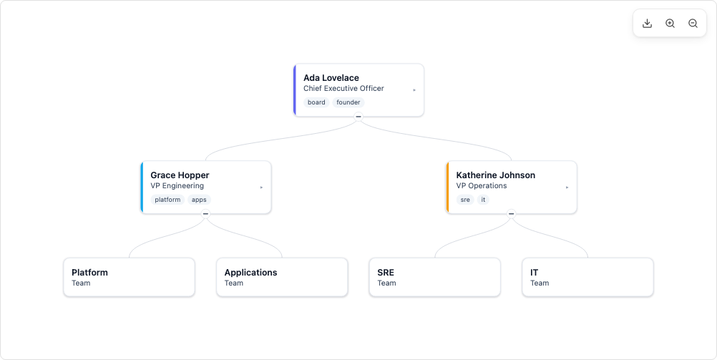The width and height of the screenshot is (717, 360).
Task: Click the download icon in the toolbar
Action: point(647,24)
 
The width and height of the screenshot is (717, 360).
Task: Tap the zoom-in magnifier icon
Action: point(670,24)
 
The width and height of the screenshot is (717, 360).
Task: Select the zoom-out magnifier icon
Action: point(693,24)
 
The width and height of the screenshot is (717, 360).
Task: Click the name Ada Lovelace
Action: point(331,78)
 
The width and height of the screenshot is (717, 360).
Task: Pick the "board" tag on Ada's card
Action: point(316,102)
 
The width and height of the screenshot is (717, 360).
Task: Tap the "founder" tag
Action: point(348,102)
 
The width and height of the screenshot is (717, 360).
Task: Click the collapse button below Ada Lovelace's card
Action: point(358,117)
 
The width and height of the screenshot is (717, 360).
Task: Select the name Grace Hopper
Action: point(180,175)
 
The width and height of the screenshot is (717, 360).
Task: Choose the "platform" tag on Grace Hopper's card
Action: point(167,200)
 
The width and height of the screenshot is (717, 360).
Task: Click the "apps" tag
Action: point(199,200)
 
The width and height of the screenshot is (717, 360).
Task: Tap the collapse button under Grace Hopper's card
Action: point(206,213)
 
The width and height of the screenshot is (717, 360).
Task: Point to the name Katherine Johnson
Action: point(496,175)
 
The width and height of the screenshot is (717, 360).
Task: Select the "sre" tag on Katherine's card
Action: point(465,200)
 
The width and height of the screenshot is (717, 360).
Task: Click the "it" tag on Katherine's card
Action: point(483,200)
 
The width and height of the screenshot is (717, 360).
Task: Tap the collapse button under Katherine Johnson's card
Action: point(511,213)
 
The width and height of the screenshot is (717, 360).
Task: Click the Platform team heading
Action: point(89,273)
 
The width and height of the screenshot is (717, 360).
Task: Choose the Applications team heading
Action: point(250,273)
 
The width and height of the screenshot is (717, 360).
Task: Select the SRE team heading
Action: point(386,273)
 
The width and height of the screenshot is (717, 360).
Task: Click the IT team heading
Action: point(534,273)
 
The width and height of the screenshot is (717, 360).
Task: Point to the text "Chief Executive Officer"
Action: point(343,88)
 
